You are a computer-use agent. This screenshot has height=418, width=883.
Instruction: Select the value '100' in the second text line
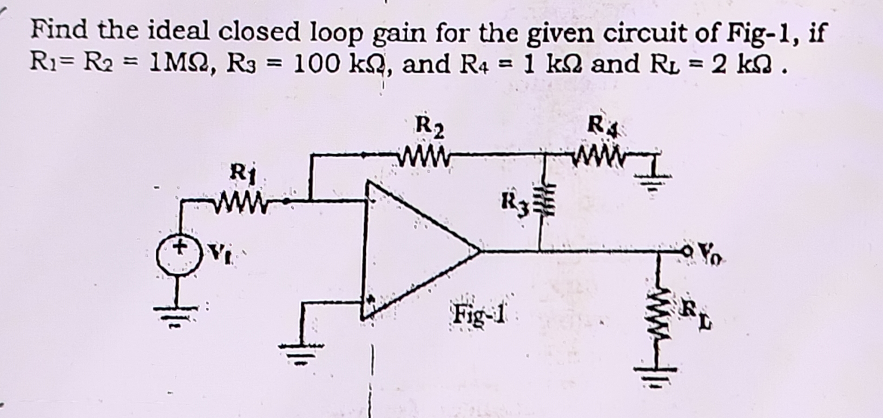click(318, 64)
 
